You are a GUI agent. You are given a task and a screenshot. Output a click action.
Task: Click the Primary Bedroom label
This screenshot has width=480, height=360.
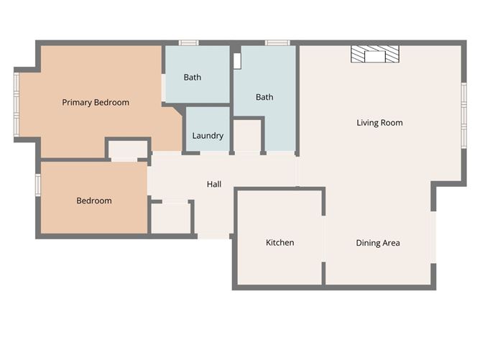(96, 103)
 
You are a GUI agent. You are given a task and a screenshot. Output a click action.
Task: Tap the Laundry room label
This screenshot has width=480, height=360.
(208, 136)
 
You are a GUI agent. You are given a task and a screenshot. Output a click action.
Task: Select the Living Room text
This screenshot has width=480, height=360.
(379, 123)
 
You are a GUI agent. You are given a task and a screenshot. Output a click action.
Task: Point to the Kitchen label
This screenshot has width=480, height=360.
(280, 243)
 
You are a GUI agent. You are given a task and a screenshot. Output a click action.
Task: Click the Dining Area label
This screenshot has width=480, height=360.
(378, 243)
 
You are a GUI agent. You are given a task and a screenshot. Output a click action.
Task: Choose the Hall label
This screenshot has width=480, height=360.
(214, 185)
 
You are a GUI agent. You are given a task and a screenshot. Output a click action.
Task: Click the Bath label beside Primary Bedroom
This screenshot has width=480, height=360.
(193, 78)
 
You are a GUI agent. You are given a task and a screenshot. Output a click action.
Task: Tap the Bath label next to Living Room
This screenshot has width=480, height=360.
(264, 97)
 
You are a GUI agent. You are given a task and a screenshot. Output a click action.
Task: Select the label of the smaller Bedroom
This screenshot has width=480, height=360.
(94, 200)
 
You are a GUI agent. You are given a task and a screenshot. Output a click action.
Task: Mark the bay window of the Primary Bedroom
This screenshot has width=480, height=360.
(16, 102)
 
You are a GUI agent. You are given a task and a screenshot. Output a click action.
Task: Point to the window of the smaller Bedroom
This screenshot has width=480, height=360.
(37, 185)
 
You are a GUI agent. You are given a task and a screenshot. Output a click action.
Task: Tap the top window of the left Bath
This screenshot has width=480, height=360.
(189, 43)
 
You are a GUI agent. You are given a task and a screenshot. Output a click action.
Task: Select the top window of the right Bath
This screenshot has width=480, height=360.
(277, 43)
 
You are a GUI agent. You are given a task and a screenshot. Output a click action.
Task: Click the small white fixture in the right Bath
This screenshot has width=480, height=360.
(236, 61)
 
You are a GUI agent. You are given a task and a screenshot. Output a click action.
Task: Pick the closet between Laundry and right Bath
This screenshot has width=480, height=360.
(248, 135)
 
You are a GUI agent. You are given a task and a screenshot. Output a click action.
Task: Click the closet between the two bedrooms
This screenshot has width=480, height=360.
(128, 149)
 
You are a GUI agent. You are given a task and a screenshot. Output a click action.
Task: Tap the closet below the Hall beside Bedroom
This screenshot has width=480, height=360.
(171, 218)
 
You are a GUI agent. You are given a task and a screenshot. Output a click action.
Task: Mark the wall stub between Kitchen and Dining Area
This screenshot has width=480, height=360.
(323, 273)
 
